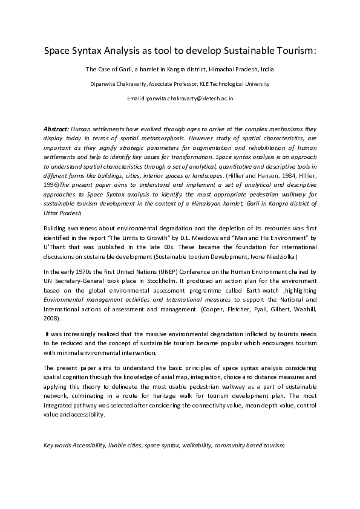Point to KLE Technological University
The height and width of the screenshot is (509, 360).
click(235, 84)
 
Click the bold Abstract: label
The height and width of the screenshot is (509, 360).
click(56, 129)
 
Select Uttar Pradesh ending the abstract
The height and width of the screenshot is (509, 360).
click(62, 213)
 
